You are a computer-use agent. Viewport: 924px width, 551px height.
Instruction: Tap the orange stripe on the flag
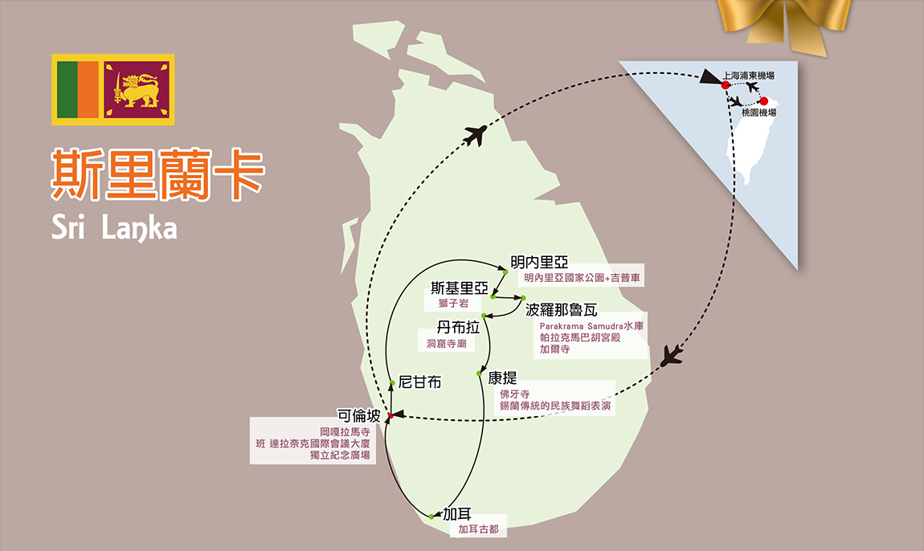88,90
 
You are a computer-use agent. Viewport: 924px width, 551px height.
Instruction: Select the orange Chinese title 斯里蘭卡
158,173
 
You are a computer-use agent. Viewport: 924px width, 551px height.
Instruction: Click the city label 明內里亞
539,262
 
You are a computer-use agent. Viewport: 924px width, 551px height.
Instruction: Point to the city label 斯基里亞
460,288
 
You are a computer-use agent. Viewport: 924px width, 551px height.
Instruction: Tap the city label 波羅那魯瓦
561,310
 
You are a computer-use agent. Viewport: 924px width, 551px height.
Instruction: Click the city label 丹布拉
458,327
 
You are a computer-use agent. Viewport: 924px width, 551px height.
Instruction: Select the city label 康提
502,378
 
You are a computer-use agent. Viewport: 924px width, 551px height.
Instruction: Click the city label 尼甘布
419,382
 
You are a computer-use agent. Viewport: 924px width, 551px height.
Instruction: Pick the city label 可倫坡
359,415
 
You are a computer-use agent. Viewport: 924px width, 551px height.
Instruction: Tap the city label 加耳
456,514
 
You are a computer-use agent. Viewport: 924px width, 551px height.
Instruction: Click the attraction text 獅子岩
453,304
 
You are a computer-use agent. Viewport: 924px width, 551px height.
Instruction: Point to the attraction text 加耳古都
479,529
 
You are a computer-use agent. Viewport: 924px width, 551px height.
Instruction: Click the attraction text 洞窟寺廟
447,344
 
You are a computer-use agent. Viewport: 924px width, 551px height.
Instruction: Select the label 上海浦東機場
748,76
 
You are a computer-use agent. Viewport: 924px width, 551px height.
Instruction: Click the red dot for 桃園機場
764,101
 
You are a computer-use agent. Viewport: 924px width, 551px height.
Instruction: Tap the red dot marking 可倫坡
390,416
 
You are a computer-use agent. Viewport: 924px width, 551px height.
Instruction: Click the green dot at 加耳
431,516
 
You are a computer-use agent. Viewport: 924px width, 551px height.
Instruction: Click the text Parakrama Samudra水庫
591,326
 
